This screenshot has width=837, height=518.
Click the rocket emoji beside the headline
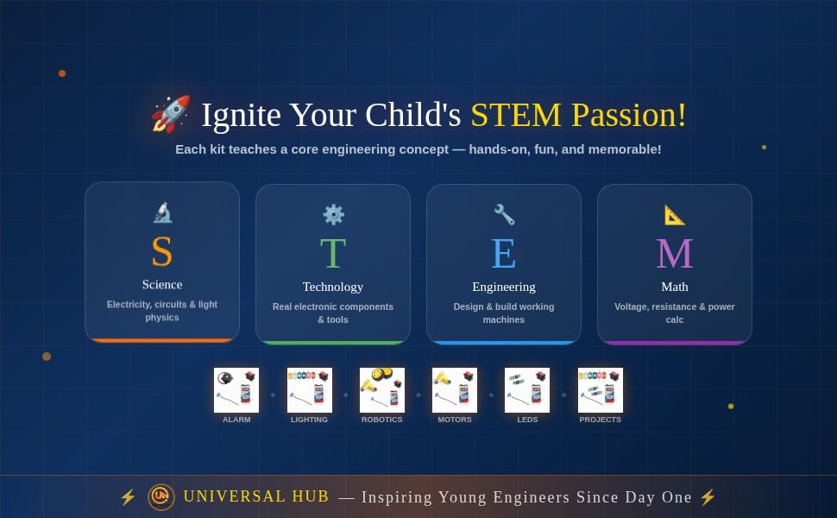(x=171, y=114)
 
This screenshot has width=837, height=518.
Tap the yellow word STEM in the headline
(x=516, y=115)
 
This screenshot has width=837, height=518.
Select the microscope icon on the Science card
(x=162, y=212)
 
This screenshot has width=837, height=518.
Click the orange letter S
(x=162, y=251)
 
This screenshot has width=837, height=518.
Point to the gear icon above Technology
(x=333, y=215)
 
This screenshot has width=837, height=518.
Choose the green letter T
(x=333, y=253)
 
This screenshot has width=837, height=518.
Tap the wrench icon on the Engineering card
(x=504, y=215)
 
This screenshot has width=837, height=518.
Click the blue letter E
(x=504, y=253)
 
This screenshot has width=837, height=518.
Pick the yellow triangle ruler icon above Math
(x=675, y=215)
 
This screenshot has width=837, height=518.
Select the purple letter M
(x=675, y=253)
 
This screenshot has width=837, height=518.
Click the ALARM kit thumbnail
(x=236, y=390)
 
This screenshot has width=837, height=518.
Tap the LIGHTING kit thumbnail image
(x=310, y=390)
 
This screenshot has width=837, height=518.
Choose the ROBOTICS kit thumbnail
(x=382, y=390)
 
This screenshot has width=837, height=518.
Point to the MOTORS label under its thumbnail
(x=455, y=420)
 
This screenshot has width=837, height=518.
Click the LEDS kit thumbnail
(x=527, y=390)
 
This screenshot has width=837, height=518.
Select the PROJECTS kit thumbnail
(x=601, y=390)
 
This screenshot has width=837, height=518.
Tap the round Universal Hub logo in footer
(x=161, y=497)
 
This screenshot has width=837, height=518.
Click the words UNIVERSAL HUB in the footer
(x=256, y=496)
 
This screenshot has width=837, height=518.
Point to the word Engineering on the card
(x=504, y=287)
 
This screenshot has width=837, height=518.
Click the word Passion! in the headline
(x=629, y=115)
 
